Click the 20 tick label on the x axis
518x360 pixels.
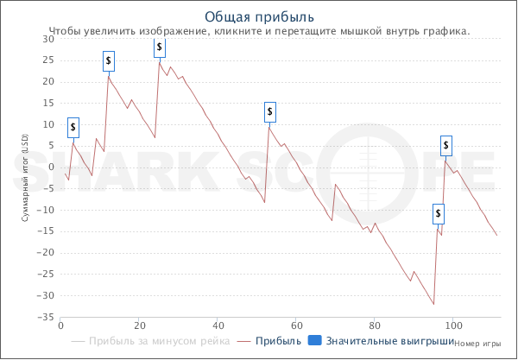pyautogui.click(x=139, y=326)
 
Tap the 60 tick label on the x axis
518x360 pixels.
pyautogui.click(x=296, y=326)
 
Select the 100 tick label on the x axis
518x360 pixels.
pyautogui.click(x=453, y=326)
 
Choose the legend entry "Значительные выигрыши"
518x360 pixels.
pyautogui.click(x=384, y=342)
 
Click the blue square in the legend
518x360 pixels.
pyautogui.click(x=315, y=342)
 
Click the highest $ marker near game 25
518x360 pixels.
pyautogui.click(x=160, y=47)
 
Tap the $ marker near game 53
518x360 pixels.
pyautogui.click(x=270, y=111)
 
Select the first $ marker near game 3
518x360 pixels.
pyautogui.click(x=73, y=127)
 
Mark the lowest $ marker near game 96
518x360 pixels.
pyautogui.click(x=439, y=212)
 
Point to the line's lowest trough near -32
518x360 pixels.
pyautogui.click(x=433, y=304)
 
